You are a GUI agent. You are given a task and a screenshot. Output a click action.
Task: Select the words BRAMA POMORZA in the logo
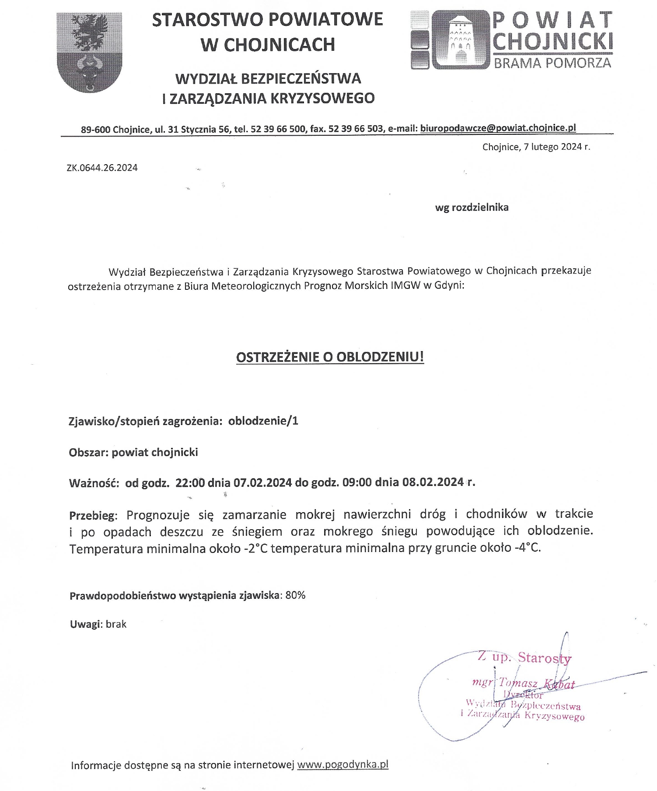point(552,63)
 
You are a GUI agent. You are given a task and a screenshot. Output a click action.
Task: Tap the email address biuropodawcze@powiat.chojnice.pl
point(498,128)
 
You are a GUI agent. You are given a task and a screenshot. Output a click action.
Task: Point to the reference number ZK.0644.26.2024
point(102,168)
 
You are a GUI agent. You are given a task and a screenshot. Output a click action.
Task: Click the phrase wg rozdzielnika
point(472,207)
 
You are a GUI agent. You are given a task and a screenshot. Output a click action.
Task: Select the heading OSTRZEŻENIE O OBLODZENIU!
point(330,357)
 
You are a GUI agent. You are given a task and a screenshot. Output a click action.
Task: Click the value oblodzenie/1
point(263,421)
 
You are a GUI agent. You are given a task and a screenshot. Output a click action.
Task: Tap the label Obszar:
point(88,452)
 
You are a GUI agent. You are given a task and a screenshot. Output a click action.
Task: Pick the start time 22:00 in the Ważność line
point(190,483)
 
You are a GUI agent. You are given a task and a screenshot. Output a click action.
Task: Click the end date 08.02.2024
point(433,482)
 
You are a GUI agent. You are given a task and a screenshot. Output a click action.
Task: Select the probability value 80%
point(295,595)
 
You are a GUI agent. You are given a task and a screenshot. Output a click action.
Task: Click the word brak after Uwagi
point(116,624)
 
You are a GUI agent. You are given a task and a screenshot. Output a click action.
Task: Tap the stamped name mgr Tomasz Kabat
point(523,683)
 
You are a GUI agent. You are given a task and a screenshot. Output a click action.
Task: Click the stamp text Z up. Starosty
point(524,657)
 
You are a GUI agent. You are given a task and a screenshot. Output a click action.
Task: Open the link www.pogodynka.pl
point(342,765)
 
